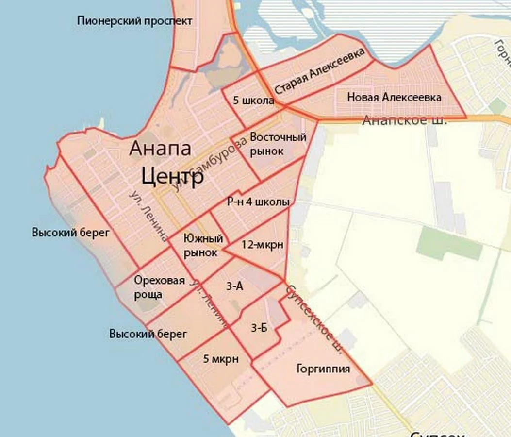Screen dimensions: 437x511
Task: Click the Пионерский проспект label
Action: tap(134, 21)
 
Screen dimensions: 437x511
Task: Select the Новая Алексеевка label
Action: tap(394, 98)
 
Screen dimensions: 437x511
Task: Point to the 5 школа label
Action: tap(253, 101)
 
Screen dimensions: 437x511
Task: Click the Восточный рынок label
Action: tap(278, 144)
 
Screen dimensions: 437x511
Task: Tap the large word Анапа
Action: tap(160, 149)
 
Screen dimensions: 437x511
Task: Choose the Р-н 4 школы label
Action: tap(258, 202)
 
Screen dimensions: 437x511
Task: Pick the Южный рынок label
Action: tap(204, 246)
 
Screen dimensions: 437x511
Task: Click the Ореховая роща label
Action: tap(153, 287)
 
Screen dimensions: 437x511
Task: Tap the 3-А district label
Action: tap(234, 286)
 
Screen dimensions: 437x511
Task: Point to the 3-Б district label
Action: tap(259, 328)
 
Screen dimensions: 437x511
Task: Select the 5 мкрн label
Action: tap(221, 359)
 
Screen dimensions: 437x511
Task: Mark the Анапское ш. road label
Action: tap(405, 121)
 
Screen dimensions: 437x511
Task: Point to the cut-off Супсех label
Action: tap(437, 433)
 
